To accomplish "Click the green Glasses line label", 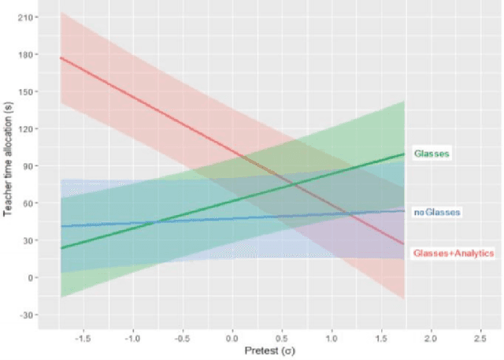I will (431, 154).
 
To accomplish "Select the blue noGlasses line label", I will (436, 212).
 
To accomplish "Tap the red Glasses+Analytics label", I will (453, 253).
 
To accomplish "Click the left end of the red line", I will (61, 58).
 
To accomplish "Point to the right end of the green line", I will (404, 154).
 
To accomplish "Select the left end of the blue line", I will (61, 226).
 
